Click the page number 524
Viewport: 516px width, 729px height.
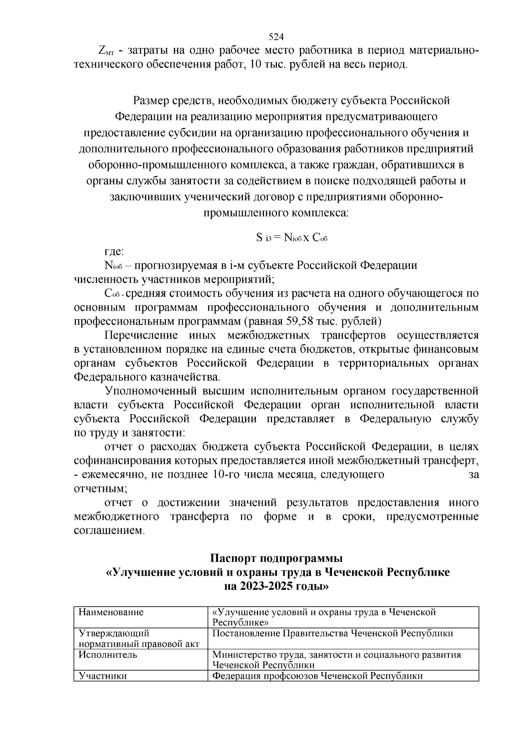coord(276,37)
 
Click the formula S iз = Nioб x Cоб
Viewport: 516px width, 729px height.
coord(292,237)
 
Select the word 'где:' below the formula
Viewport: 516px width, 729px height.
coord(114,252)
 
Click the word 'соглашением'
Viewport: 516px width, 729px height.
coord(109,531)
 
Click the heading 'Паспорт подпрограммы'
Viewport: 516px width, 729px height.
coord(276,559)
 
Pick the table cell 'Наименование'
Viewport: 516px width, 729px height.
coord(111,612)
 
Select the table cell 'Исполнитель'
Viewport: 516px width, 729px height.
coord(108,655)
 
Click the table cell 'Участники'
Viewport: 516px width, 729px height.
coord(103,676)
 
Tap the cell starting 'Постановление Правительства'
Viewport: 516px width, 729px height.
coord(333,634)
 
